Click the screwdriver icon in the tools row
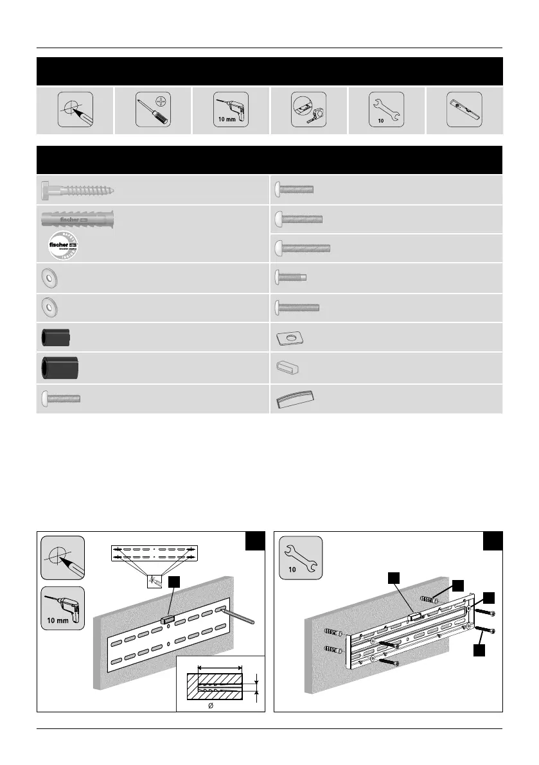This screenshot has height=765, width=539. (x=153, y=110)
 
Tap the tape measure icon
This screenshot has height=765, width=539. (x=308, y=110)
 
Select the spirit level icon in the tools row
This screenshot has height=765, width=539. (x=464, y=110)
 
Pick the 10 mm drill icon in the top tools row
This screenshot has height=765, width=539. (x=231, y=110)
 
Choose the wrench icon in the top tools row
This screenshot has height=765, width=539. (x=385, y=110)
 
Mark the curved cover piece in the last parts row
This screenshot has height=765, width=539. (x=294, y=400)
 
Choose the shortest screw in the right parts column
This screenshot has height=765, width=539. (x=291, y=277)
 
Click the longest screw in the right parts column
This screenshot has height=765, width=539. (x=303, y=247)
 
